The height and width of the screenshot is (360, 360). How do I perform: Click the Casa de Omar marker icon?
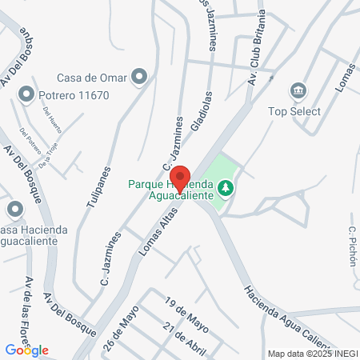140,78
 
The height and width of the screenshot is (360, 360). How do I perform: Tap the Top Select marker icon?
299,90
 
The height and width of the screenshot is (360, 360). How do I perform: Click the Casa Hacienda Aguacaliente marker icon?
14,210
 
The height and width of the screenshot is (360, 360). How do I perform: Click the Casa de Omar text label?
92,78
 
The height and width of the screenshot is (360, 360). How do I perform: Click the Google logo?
26,350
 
